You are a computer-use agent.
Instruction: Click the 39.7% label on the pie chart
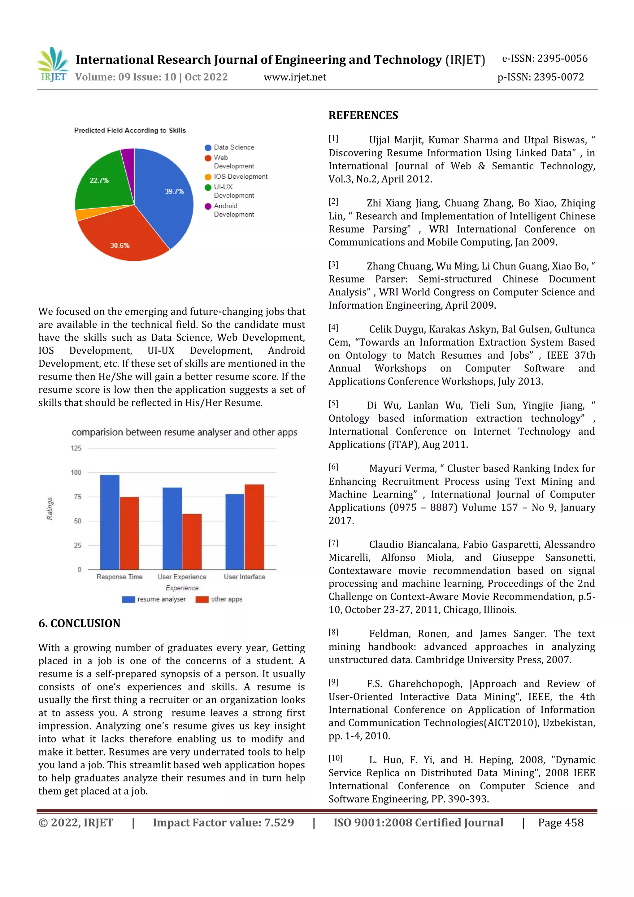tap(174, 191)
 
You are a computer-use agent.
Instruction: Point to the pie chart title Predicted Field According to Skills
tap(130, 130)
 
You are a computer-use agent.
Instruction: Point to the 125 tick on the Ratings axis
tap(76, 448)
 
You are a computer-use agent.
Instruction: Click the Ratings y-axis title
tap(50, 509)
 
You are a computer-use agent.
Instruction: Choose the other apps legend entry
tap(219, 599)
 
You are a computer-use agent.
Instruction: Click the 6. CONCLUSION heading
tap(79, 623)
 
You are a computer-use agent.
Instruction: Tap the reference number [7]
tap(333, 543)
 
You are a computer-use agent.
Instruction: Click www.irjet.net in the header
tap(295, 77)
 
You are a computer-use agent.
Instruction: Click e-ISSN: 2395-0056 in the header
tap(545, 59)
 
